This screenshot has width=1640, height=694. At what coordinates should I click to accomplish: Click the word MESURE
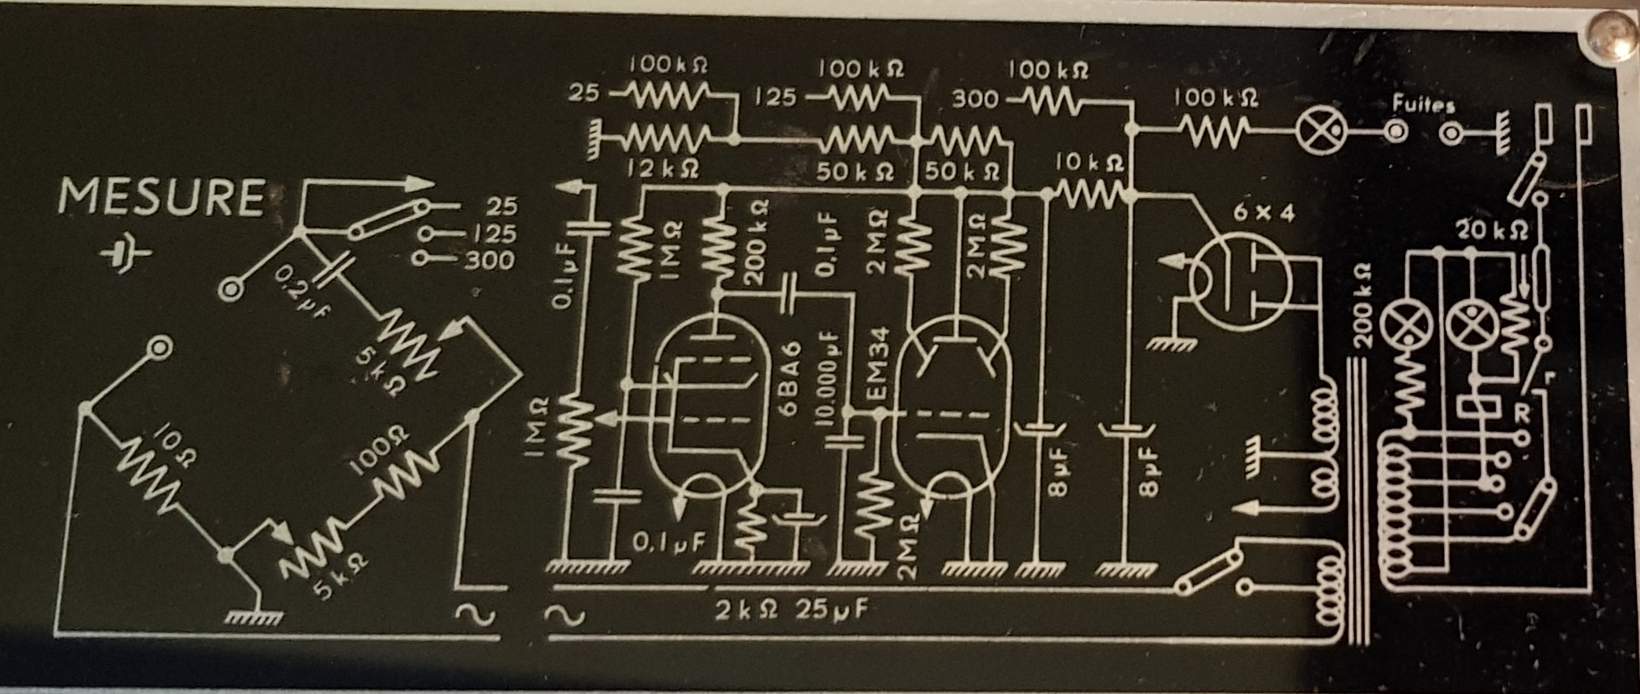tap(162, 198)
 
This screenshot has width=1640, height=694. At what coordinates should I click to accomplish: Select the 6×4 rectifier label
tap(1263, 213)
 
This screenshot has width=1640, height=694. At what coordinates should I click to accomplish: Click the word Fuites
tap(1423, 104)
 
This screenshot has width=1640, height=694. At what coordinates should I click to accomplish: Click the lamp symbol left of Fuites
tap(1323, 132)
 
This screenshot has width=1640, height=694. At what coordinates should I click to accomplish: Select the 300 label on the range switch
tap(489, 261)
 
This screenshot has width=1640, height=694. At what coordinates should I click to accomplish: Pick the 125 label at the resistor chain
tap(775, 98)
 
